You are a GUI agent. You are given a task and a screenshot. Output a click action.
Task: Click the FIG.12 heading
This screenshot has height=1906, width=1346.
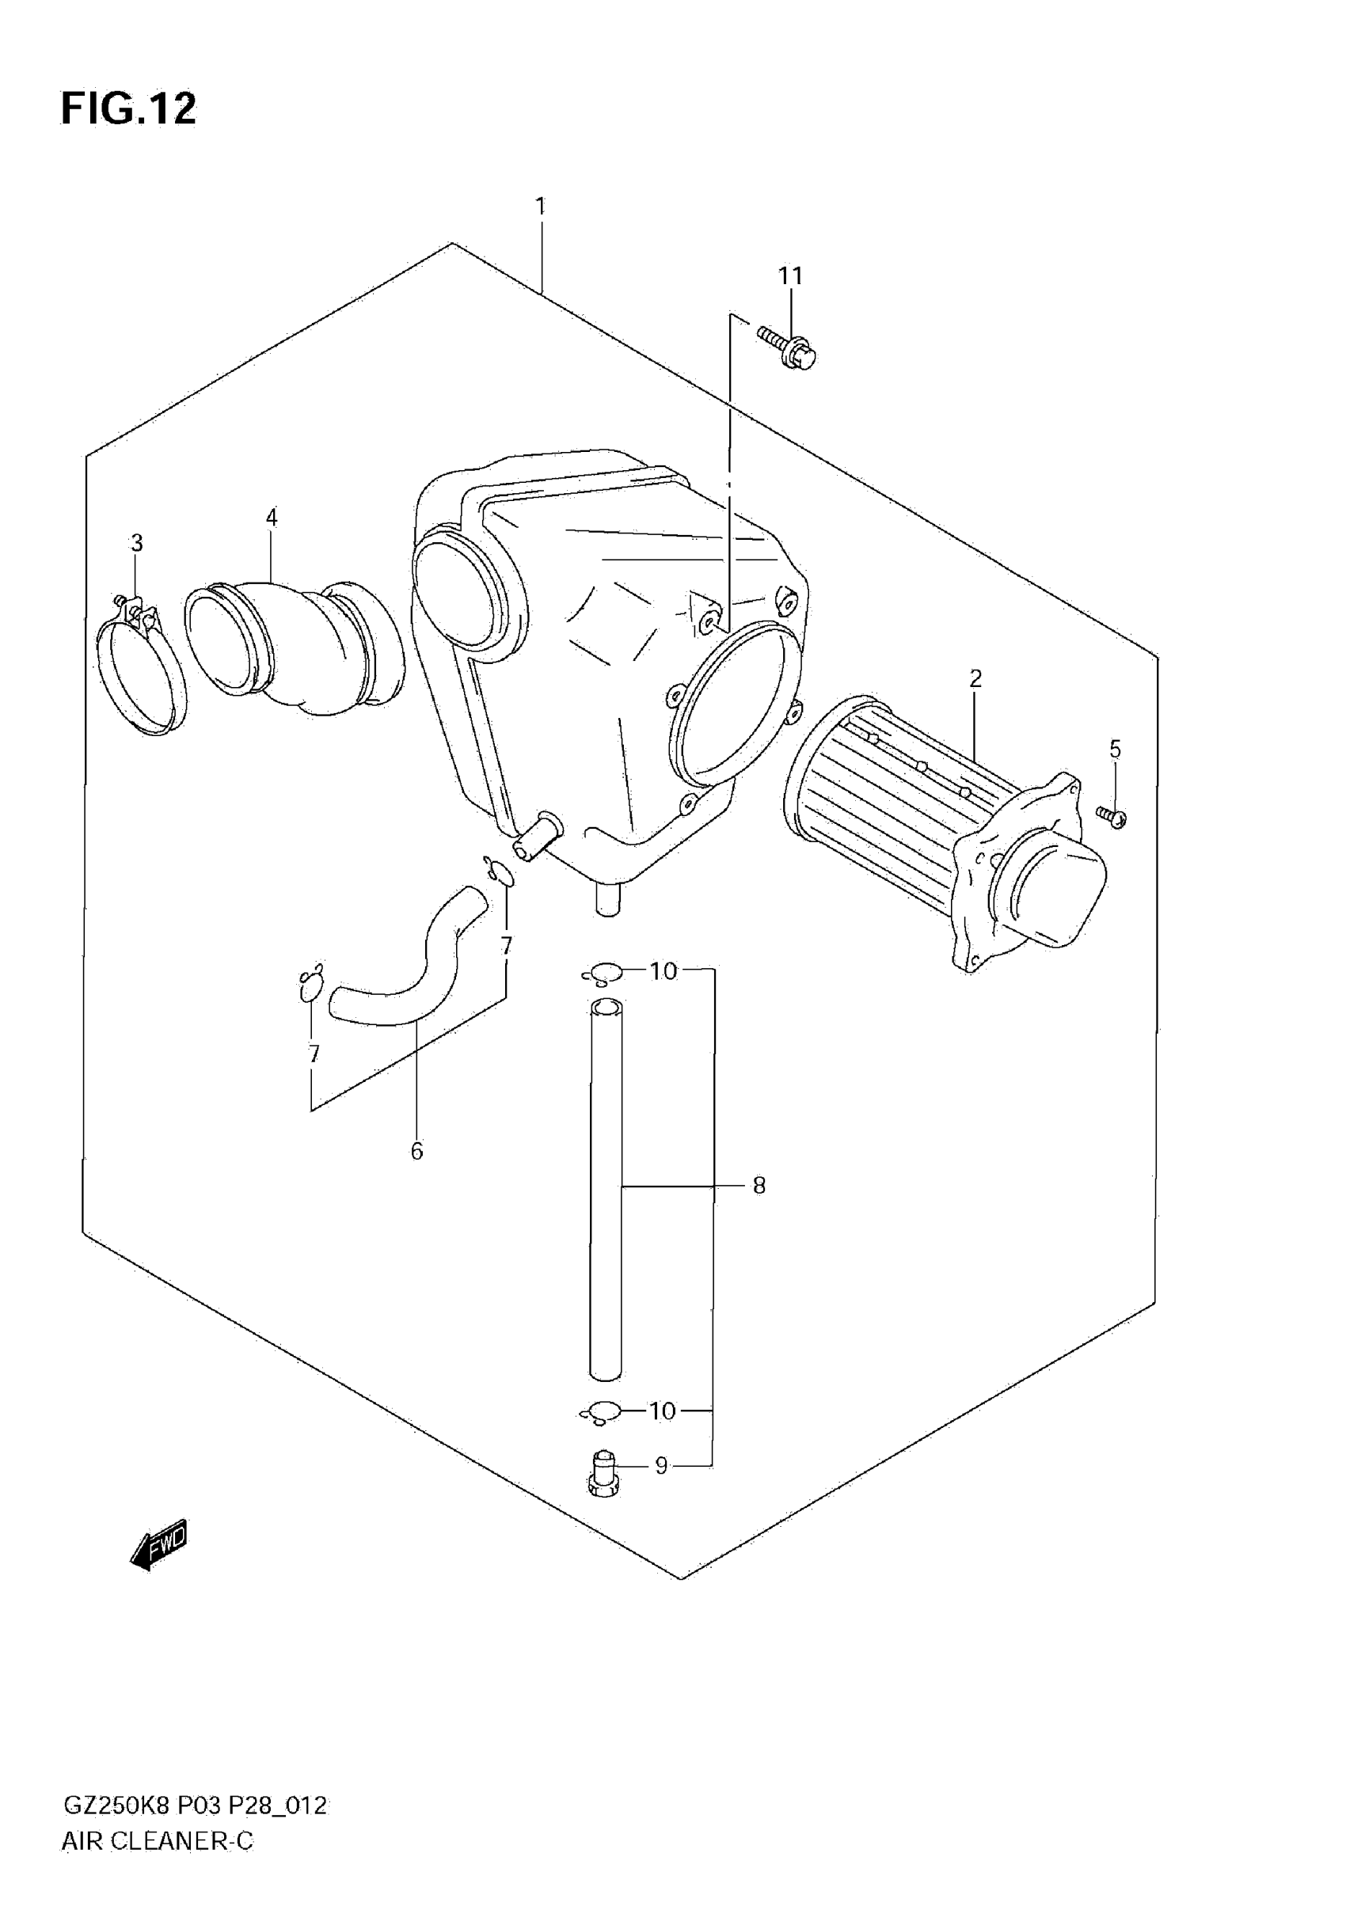pos(129,108)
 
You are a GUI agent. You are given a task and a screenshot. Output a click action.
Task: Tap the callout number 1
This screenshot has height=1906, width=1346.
pos(541,206)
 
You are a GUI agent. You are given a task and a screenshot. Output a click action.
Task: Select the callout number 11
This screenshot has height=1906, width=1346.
pos(790,275)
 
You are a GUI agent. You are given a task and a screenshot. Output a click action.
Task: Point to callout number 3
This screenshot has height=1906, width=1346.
pos(137,543)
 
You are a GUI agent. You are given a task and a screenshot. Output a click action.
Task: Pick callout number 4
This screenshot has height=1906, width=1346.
pos(272,517)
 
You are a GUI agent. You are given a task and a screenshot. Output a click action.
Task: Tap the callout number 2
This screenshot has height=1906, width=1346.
pos(975,679)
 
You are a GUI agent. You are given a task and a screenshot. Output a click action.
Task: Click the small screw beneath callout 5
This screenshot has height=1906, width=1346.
pos(1111,816)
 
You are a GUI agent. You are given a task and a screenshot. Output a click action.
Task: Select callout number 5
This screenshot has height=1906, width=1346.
pos(1115,749)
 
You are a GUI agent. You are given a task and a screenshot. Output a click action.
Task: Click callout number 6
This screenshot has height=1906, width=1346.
pos(416,1152)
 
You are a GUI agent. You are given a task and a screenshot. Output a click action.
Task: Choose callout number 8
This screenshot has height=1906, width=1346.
pos(759,1186)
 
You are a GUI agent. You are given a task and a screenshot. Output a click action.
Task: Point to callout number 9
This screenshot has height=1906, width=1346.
pos(661,1466)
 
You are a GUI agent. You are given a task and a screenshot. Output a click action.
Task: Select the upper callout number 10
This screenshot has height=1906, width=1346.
pos(663,970)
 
